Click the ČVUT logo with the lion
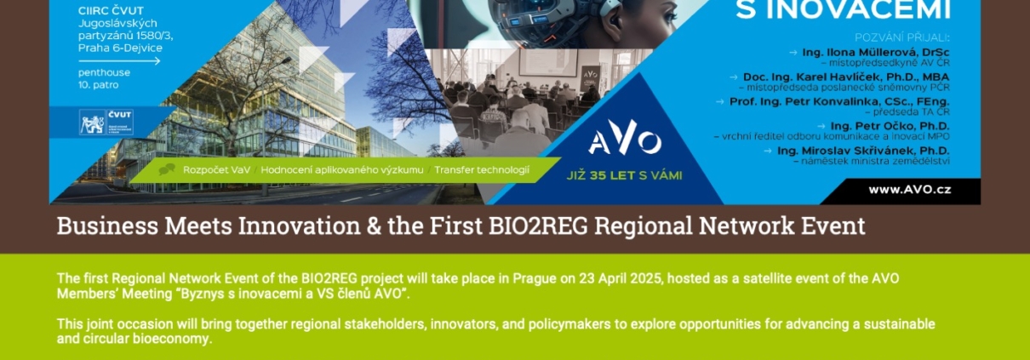coord(106,123)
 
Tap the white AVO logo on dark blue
coord(625,137)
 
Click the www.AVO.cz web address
coord(909,190)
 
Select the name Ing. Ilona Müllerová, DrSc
coord(875,53)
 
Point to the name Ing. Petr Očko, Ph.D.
coord(890,126)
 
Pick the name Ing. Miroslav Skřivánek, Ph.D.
coord(863,151)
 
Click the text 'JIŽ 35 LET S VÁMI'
coord(624,175)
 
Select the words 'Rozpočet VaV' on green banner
coord(216,170)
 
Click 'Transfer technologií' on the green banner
coord(482,170)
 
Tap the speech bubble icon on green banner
coord(167,169)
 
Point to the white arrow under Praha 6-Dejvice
coord(119,60)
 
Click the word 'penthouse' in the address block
coord(104,72)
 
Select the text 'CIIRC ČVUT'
coord(111,10)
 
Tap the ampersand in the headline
coord(374,226)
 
